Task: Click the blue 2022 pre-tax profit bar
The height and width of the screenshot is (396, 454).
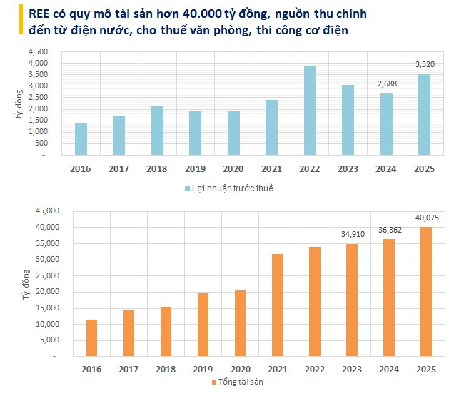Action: click(310, 110)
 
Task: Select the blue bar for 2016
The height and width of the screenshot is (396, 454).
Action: click(81, 139)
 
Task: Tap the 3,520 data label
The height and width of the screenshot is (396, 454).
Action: click(425, 65)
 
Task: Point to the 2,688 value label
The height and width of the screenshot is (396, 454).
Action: click(387, 84)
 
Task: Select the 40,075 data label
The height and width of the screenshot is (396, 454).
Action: click(425, 218)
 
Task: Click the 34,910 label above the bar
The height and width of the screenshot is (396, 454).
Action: click(350, 233)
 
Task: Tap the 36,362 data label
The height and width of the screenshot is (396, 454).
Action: click(387, 229)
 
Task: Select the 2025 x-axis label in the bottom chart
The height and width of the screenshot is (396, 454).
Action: click(425, 368)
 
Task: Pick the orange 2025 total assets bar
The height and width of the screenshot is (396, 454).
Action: click(425, 291)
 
